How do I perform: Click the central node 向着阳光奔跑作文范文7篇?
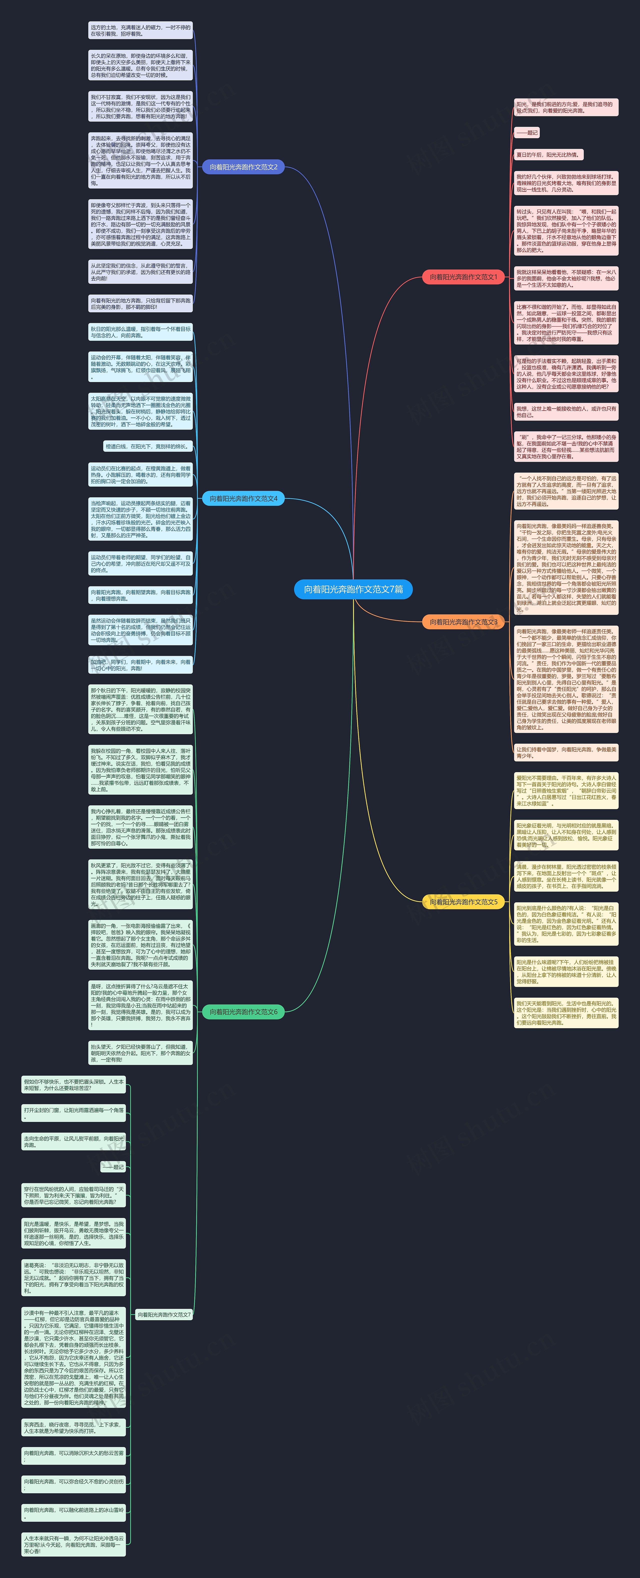tap(353, 589)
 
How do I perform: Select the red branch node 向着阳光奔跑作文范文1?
tap(463, 277)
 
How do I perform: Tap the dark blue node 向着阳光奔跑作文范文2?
tap(243, 167)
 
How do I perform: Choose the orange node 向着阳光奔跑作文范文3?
tap(463, 622)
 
